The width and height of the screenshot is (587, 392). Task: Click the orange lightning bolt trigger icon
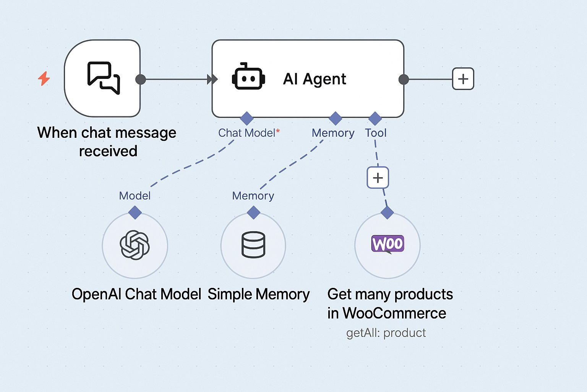(44, 78)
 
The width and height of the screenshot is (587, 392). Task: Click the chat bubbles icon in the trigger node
(104, 78)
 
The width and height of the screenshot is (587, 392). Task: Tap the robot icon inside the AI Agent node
(248, 77)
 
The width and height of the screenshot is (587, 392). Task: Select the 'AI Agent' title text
(315, 79)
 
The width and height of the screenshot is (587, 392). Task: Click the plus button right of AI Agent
(463, 79)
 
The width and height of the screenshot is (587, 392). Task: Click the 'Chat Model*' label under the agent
(249, 133)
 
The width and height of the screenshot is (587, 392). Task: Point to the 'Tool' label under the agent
(376, 133)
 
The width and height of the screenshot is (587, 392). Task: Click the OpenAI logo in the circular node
(135, 245)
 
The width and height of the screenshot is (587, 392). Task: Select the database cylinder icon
(253, 245)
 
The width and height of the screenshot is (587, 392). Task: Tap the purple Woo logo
(388, 244)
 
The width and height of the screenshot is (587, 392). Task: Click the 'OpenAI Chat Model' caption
(136, 294)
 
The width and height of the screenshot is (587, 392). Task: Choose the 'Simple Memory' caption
(259, 294)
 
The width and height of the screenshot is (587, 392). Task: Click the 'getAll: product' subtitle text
(386, 333)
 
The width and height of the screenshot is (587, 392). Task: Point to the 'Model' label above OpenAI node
(135, 196)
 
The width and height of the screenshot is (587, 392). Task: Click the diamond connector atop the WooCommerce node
(387, 212)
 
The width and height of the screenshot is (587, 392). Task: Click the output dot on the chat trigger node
(141, 79)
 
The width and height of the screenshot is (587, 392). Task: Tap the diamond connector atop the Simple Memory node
(253, 212)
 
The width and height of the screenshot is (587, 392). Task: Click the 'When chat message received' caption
(107, 142)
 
